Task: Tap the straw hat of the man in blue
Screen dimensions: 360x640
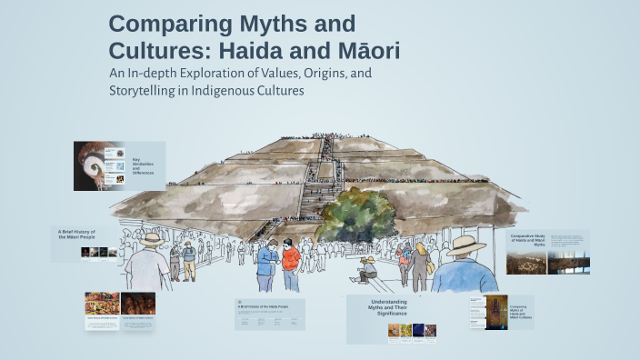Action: click(465, 245)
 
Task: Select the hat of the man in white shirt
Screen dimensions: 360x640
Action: click(151, 239)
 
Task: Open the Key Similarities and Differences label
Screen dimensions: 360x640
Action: click(143, 165)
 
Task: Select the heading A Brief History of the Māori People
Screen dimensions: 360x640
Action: click(76, 235)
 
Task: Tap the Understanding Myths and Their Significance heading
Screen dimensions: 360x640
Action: click(389, 306)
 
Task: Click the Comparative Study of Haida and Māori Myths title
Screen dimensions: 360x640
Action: click(527, 240)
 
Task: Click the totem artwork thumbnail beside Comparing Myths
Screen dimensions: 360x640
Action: click(496, 312)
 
